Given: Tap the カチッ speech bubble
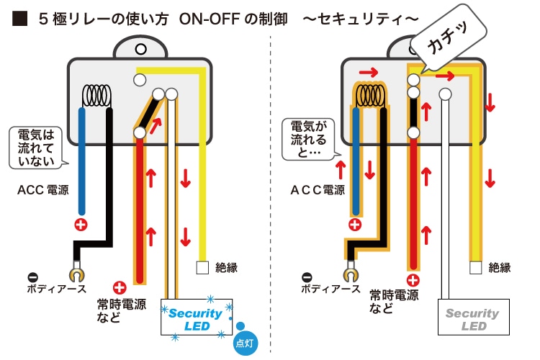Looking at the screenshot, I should click(x=449, y=44).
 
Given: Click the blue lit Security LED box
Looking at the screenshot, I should click(x=196, y=319).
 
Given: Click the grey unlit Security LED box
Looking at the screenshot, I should click(x=471, y=319).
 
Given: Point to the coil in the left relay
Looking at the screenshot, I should click(x=97, y=95).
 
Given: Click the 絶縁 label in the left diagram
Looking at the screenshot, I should click(x=226, y=268).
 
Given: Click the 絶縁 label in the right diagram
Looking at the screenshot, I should click(x=499, y=268).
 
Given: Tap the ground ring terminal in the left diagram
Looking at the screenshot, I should click(x=75, y=273).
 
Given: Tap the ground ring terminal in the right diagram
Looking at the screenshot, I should click(x=349, y=273).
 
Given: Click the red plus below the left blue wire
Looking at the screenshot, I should click(x=81, y=225).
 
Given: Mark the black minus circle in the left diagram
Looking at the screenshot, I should click(x=32, y=276).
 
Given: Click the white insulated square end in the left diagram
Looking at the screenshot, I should click(x=203, y=268).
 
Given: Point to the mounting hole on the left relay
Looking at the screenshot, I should click(x=140, y=49).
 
